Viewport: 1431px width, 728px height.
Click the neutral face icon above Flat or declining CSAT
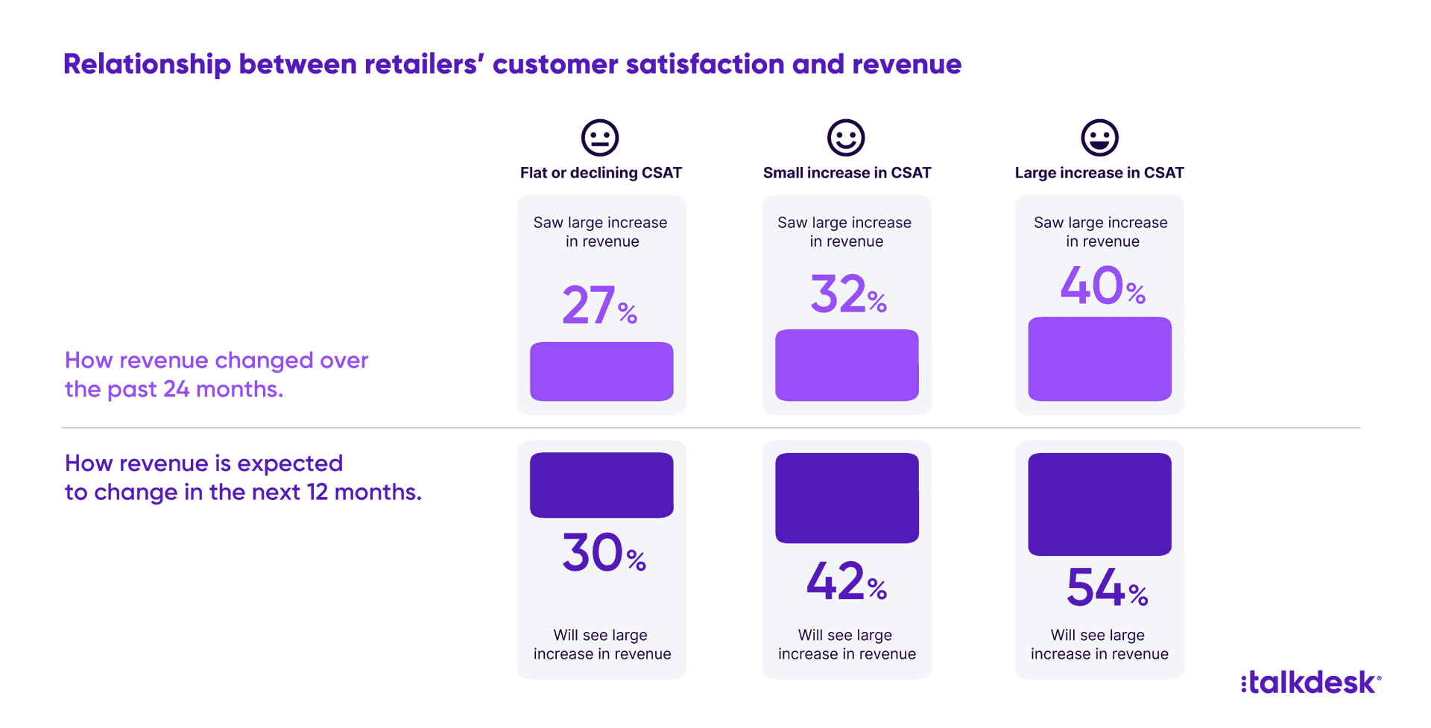(600, 138)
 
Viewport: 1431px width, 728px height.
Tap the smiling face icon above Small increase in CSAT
(846, 138)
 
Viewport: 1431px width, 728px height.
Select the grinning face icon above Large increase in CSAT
(1099, 138)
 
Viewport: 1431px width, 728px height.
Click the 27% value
(599, 306)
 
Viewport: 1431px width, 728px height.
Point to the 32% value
(847, 294)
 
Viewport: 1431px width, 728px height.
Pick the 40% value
(1102, 286)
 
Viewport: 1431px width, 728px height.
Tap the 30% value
(603, 553)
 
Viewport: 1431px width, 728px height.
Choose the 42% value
(847, 582)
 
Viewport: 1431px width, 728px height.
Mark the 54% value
(1106, 588)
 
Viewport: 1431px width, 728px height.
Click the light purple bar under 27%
(601, 371)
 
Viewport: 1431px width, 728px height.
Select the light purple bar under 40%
(1099, 359)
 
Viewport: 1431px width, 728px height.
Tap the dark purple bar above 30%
(601, 485)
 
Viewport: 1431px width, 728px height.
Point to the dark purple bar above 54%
(1099, 504)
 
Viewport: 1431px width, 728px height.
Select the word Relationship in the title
(147, 65)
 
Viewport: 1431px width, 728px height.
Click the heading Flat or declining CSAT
(601, 173)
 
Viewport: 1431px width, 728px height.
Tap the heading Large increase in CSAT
(1099, 173)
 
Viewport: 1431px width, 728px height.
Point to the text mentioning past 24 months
(216, 375)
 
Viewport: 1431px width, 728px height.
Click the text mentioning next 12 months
(243, 478)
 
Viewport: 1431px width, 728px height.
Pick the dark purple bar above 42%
(847, 498)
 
